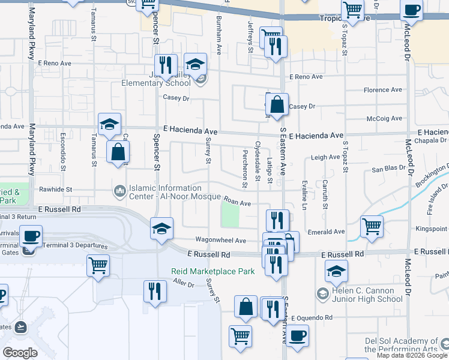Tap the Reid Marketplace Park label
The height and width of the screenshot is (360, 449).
coord(213,271)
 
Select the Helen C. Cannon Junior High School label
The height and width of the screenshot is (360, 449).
coord(366,294)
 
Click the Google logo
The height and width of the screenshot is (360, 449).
coord(20,352)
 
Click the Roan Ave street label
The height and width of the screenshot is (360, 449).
coord(237,203)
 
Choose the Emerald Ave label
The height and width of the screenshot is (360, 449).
coord(327,232)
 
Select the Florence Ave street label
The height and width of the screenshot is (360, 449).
coord(385,91)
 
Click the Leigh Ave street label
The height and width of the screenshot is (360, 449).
coord(325,158)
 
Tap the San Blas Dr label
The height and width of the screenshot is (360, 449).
coord(385,170)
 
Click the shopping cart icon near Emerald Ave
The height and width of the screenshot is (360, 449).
coord(372,227)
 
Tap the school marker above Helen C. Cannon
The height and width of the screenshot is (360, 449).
coord(337,272)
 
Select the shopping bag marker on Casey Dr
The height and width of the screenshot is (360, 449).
coord(277,104)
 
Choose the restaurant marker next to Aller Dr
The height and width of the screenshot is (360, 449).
coord(155,291)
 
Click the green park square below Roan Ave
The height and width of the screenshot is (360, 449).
coord(230,214)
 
